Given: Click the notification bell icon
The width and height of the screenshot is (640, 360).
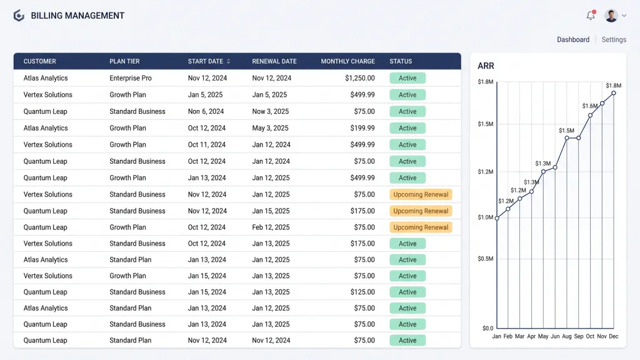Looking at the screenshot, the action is coord(591,16).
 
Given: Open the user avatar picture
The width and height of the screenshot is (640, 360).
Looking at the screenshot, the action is coord(611,16).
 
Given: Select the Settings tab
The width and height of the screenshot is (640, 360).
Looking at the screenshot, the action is coord(614,39).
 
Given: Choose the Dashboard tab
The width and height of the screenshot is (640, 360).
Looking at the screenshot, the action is coord(573,39).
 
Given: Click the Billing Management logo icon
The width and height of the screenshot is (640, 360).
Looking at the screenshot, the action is coord(19,16).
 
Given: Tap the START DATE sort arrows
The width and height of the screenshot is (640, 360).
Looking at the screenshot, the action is coord(229,61).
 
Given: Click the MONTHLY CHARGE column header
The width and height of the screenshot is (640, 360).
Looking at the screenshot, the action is coord(347,61).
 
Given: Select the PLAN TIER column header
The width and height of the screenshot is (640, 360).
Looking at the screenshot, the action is coord(124,61).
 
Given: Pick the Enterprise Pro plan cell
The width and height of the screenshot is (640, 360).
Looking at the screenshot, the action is coord(131,78).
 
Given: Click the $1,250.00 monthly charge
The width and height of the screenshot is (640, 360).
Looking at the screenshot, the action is coord(359,78).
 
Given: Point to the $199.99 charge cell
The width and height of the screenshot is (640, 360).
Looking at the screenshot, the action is coord(362,127).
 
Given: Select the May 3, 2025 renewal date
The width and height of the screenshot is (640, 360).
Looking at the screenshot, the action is coord(270,127).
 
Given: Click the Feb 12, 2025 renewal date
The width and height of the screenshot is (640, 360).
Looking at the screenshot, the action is coord(271,227).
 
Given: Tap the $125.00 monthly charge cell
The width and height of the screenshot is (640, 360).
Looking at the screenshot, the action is coord(362,292).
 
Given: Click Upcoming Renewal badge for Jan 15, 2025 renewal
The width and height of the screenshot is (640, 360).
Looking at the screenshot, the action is coord(421,211).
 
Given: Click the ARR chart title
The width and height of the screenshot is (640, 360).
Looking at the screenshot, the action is coord(486,66).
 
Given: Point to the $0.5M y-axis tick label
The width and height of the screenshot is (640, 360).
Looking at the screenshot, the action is coord(485,258).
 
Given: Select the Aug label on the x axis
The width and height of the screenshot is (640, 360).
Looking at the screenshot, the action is coord(566,336).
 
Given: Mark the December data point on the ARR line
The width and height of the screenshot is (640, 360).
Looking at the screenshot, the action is coord(614,93).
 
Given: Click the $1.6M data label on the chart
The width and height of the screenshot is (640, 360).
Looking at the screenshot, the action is coord(590,106).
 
